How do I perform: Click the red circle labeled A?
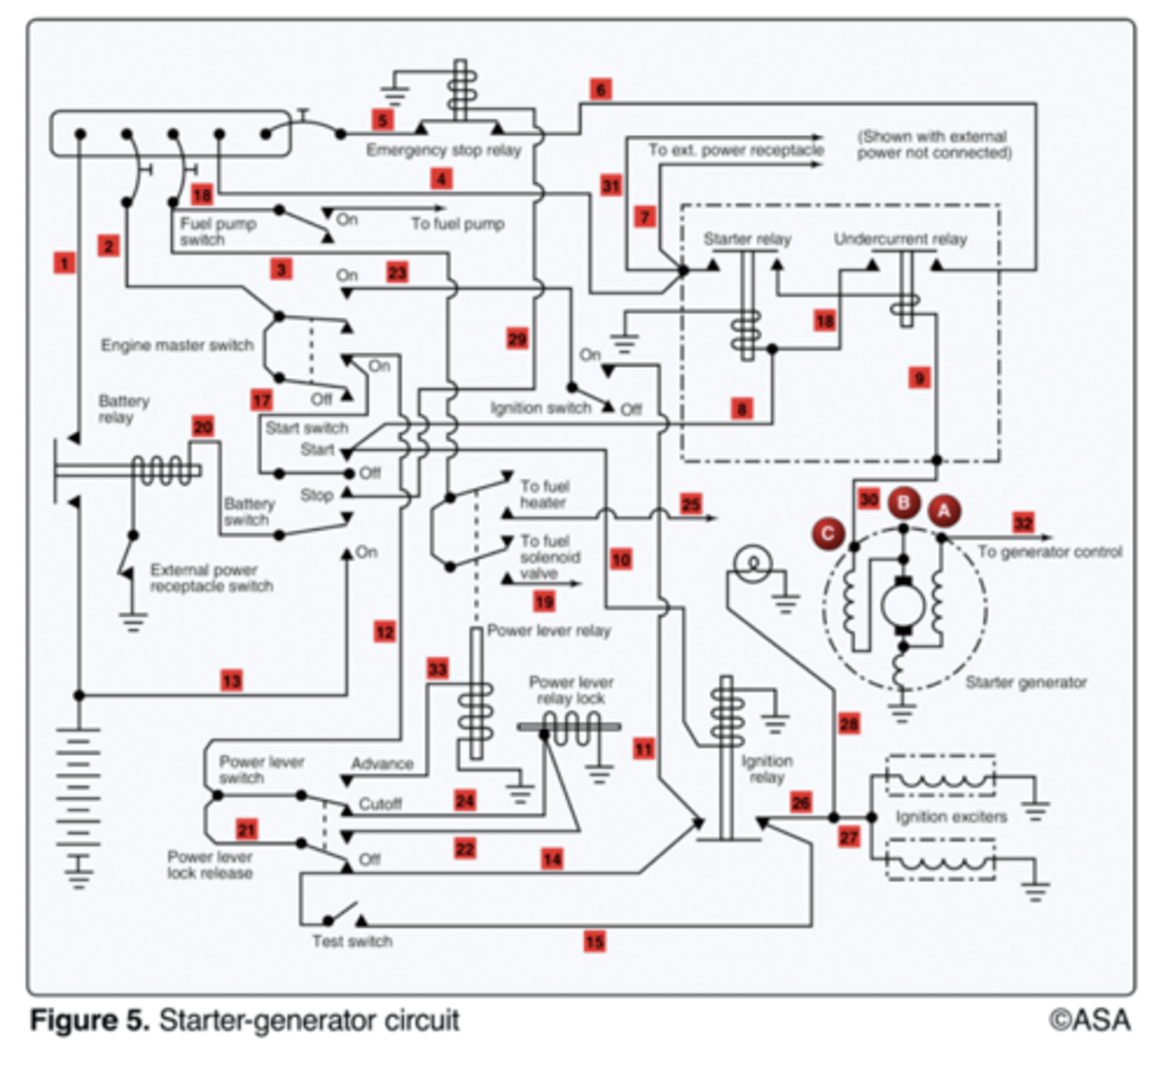(x=945, y=510)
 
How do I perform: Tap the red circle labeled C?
(x=828, y=534)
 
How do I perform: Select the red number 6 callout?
(x=601, y=90)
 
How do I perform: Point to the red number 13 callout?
(x=232, y=680)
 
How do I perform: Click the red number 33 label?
(x=438, y=669)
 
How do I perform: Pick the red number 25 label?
(x=691, y=504)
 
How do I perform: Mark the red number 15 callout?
(x=595, y=941)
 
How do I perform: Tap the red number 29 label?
(x=517, y=339)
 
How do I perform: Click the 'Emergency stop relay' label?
(x=444, y=150)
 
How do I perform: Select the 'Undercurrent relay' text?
(x=900, y=239)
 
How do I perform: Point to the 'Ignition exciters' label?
(x=951, y=816)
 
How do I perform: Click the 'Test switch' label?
(x=352, y=941)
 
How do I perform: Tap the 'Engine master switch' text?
(x=177, y=346)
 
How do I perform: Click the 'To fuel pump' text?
(x=457, y=224)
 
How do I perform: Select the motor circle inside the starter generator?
(x=903, y=607)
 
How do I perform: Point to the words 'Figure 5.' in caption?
(x=90, y=1021)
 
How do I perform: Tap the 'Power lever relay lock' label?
(x=571, y=690)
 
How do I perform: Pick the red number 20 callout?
(x=202, y=427)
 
